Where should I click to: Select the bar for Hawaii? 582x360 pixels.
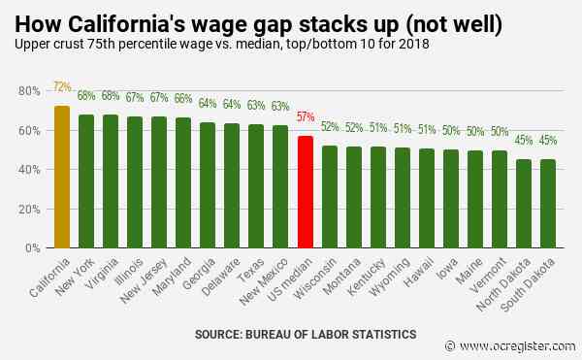pos(427,198)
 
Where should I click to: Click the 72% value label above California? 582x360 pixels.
pos(63,86)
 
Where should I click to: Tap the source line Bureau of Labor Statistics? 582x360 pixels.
pos(306,334)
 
